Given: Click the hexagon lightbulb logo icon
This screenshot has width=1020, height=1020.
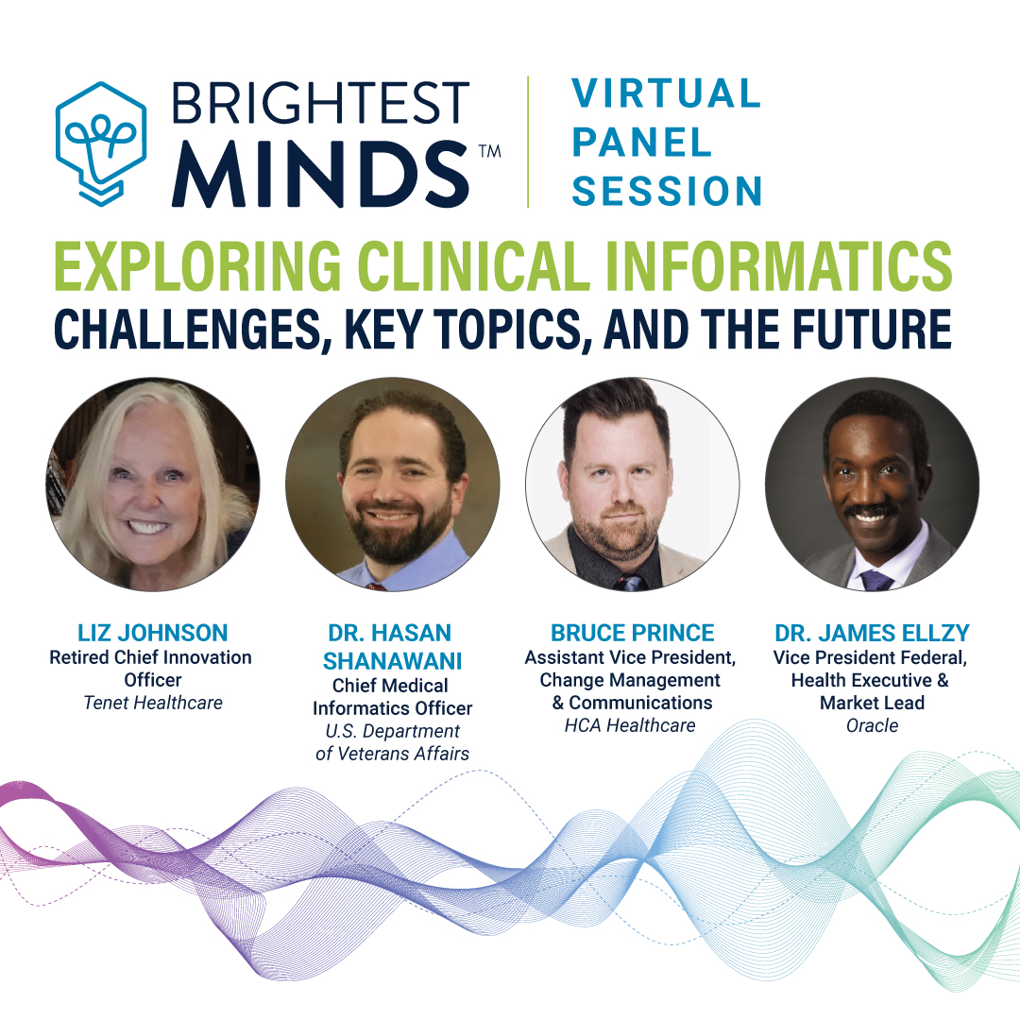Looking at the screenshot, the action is click(x=101, y=144).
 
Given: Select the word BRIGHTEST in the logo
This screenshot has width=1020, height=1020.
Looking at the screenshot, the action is click(x=320, y=103).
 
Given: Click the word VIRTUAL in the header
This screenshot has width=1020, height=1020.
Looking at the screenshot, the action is click(x=666, y=93).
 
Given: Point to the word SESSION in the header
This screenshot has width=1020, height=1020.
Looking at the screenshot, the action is click(x=667, y=191).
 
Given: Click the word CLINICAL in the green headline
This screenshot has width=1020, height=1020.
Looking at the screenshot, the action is click(x=473, y=266).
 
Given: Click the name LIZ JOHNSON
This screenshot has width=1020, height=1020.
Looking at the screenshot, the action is click(x=153, y=633).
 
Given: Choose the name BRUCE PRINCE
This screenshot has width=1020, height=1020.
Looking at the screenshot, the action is click(x=632, y=633).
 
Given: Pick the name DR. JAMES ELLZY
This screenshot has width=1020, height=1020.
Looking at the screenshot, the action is click(x=872, y=633).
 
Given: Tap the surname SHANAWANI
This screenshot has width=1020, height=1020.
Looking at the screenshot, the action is click(x=392, y=661).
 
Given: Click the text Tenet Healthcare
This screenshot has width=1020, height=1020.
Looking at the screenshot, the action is click(x=153, y=703).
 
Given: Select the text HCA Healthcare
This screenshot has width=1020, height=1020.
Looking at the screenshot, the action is click(x=630, y=725).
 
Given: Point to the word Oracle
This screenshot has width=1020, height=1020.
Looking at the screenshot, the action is click(x=872, y=725).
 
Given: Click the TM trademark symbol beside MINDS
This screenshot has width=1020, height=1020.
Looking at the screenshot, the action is click(x=490, y=151).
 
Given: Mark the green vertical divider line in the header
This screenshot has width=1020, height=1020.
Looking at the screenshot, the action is click(x=528, y=142).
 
